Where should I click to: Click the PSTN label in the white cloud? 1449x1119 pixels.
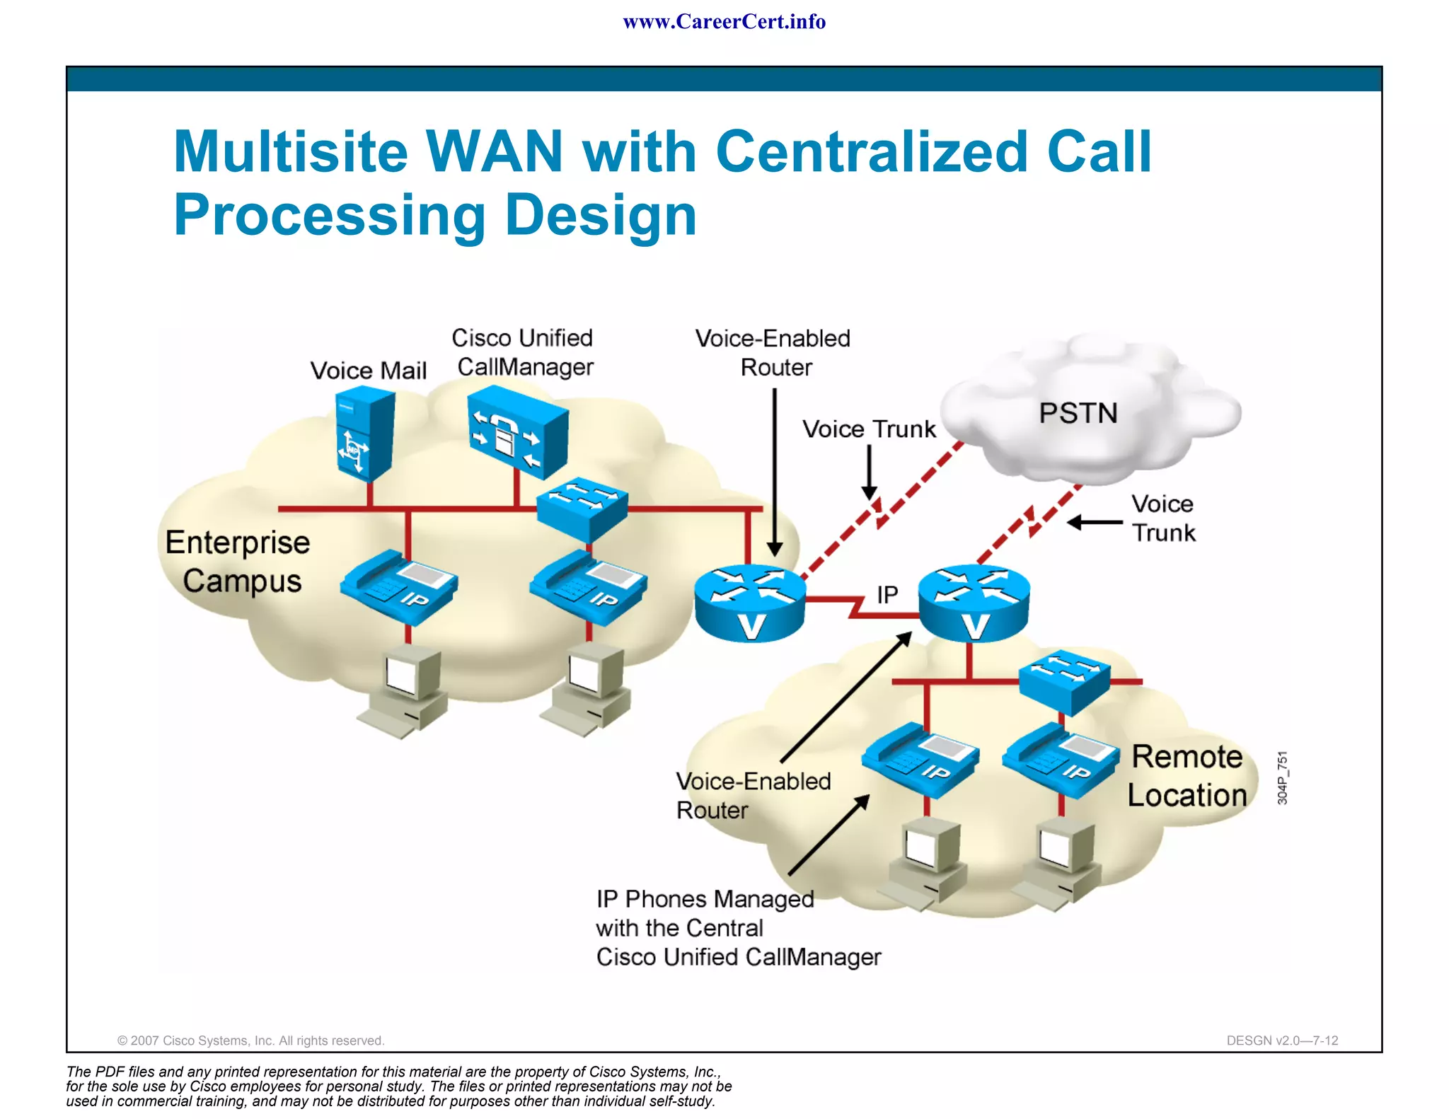coord(1078,413)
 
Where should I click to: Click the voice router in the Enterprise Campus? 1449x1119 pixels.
coord(750,603)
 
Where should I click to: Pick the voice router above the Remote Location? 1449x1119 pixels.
coord(974,603)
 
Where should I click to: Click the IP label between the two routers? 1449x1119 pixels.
coord(887,595)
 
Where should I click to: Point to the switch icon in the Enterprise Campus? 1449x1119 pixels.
coord(582,506)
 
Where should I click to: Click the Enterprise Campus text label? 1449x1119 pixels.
coord(238,562)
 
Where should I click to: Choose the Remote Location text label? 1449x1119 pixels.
coord(1187,776)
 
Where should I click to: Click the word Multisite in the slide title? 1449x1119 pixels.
coord(291,151)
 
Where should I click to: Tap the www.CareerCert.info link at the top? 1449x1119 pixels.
coord(724,22)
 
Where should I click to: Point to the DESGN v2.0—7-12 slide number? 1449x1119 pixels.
coord(1282,1040)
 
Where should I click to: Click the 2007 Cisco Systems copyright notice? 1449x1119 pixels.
coord(250,1040)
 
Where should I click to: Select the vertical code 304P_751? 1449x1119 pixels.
coord(1283,778)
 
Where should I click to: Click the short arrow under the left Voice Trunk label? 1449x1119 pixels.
coord(870,473)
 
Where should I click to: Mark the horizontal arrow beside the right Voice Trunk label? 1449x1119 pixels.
coord(1095,523)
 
